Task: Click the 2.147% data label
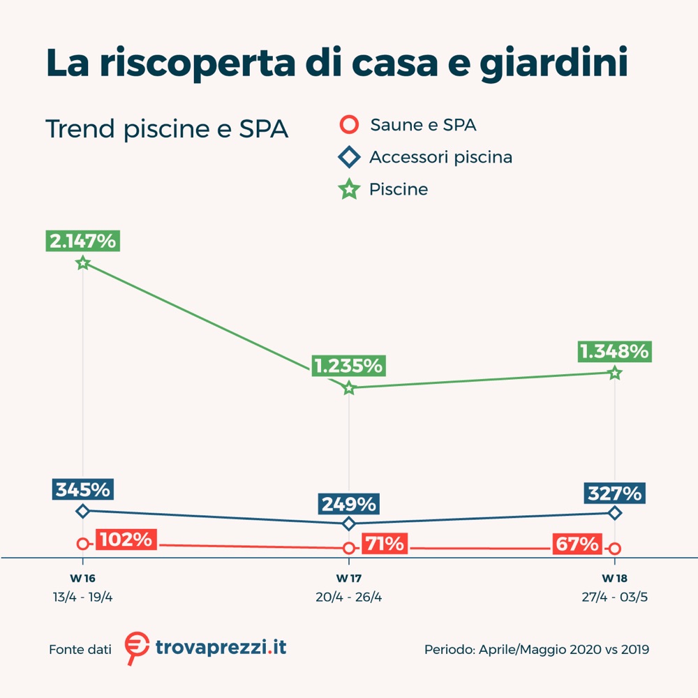point(82,241)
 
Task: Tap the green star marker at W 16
point(83,263)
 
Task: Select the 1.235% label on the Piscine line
point(348,365)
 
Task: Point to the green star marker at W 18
point(615,373)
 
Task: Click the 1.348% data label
point(614,351)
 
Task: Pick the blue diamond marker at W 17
point(349,523)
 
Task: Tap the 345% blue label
point(82,489)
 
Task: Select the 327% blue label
point(614,493)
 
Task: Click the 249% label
point(348,503)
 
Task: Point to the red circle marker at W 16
point(83,544)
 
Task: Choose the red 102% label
point(126,540)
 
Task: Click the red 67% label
point(577,544)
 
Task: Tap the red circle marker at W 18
point(615,549)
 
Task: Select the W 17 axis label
point(349,579)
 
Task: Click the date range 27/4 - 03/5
point(615,597)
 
